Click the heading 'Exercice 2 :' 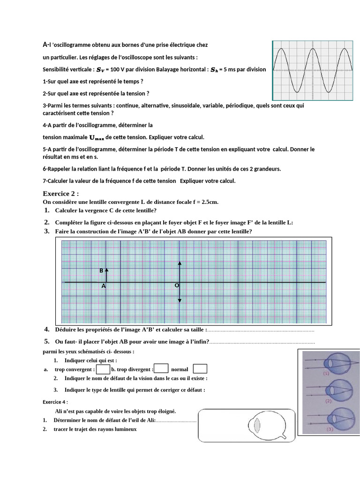tap(60, 193)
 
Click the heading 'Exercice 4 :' tap(55, 402)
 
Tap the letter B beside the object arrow tap(101, 271)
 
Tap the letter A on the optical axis tap(104, 285)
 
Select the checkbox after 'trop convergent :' tap(103, 369)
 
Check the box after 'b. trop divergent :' tap(161, 369)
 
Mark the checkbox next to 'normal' tap(200, 369)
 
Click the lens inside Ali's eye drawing tap(256, 426)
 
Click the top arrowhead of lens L tap(180, 264)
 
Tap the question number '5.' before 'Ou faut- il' tap(47, 341)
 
